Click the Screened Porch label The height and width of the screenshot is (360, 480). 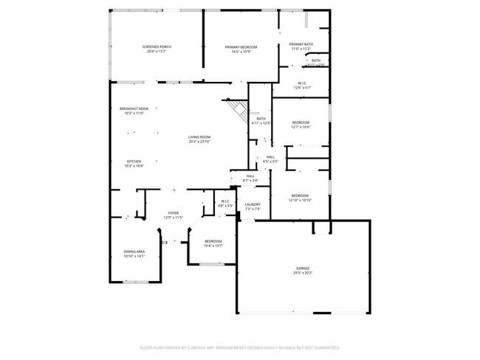click(156, 47)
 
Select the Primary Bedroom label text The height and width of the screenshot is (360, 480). click(241, 47)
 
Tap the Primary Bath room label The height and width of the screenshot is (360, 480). click(301, 44)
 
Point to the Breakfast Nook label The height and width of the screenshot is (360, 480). click(134, 108)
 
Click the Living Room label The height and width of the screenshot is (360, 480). click(199, 136)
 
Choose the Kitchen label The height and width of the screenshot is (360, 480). click(134, 162)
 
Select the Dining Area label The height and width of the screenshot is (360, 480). click(134, 252)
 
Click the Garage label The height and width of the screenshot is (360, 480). click(303, 269)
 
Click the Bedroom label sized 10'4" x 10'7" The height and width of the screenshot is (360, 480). click(213, 241)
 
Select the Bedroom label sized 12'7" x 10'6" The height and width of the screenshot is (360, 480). click(301, 122)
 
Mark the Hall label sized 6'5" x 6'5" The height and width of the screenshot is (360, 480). click(270, 157)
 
